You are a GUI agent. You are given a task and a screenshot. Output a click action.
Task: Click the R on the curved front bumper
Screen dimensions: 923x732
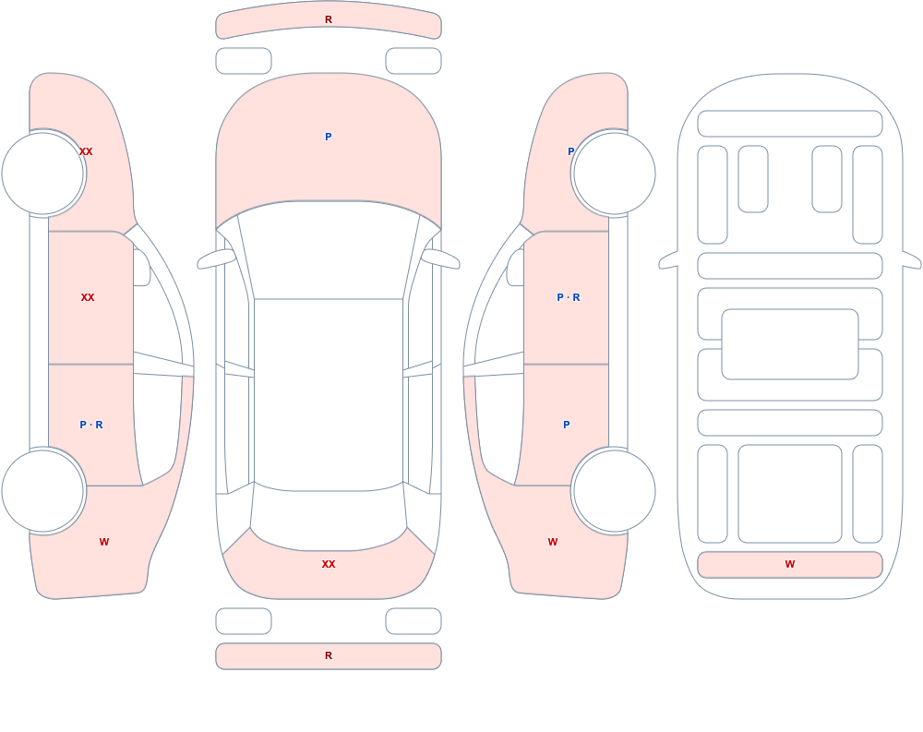[329, 19]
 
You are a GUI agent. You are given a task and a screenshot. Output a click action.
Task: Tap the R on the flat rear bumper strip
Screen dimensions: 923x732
[329, 655]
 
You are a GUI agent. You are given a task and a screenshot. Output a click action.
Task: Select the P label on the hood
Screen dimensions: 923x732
[329, 137]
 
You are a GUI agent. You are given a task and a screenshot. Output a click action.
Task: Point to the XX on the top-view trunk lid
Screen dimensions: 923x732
[329, 564]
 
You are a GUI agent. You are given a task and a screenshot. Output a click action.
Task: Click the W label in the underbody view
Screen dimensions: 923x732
[790, 564]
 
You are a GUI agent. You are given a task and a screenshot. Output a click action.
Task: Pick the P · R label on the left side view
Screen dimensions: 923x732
[91, 425]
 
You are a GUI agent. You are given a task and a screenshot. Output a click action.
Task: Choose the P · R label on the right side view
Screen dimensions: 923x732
[569, 297]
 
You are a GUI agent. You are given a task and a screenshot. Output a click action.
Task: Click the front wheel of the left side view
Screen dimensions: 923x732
[43, 174]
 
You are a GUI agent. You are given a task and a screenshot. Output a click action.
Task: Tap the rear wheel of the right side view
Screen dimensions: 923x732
[614, 491]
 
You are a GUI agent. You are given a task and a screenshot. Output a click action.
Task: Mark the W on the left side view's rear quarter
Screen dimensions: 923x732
[104, 542]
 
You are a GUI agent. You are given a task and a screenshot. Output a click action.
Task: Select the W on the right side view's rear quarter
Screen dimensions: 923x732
[553, 542]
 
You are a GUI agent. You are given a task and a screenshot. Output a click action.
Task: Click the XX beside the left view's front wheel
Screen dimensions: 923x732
[86, 151]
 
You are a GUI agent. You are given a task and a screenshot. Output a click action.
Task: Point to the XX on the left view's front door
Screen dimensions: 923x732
[88, 297]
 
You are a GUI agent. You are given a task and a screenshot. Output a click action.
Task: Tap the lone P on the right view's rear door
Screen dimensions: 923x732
[567, 425]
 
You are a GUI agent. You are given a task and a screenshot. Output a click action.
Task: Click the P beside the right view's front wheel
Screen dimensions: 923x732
[570, 151]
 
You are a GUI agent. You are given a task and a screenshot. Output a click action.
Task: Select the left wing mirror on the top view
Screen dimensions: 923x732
[215, 258]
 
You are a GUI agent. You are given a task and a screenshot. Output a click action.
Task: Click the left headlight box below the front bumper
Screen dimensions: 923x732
[244, 61]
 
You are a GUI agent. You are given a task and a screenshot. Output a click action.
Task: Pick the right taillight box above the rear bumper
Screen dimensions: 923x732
[414, 621]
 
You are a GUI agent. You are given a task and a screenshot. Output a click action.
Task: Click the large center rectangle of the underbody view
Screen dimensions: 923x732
[790, 344]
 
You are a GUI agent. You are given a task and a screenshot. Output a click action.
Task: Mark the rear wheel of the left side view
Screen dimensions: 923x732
[43, 491]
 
